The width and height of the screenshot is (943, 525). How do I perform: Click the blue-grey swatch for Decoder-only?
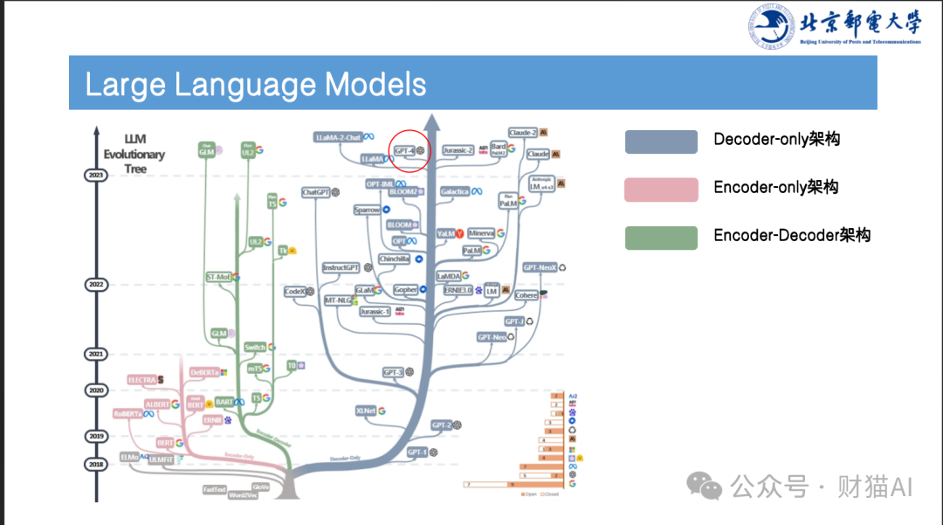point(661,142)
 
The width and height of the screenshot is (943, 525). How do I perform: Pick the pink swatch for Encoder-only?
point(661,190)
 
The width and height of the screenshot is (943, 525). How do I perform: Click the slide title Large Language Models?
point(256,85)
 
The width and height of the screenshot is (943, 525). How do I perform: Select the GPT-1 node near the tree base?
point(416,452)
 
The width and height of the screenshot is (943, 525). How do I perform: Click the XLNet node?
point(366,411)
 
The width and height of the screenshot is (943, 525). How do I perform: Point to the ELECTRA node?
point(141,380)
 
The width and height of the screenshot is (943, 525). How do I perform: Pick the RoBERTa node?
point(128,413)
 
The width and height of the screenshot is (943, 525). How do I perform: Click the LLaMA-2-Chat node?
point(339,138)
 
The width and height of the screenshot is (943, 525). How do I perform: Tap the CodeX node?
point(294,292)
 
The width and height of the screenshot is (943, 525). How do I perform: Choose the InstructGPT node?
point(341,268)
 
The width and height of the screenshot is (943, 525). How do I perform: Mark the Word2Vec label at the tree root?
point(243,495)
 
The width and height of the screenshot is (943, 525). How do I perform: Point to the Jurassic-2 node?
point(458,150)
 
